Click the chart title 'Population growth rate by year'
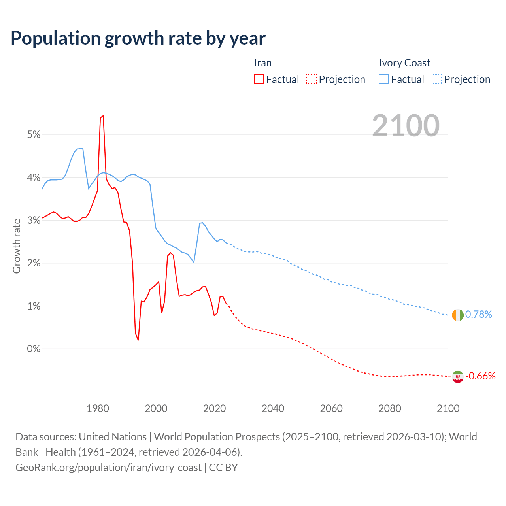click(x=138, y=38)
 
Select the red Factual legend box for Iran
click(x=259, y=79)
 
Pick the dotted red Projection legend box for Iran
click(x=312, y=79)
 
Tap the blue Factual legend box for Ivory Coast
click(x=384, y=79)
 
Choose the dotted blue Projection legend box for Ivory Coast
click(x=437, y=79)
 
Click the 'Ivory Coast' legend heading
click(x=404, y=63)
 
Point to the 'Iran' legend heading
click(x=262, y=63)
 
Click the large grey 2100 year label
click(x=406, y=126)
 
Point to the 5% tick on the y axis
click(x=34, y=135)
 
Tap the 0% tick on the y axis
click(x=34, y=349)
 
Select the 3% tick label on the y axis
click(x=34, y=221)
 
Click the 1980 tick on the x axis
click(x=98, y=408)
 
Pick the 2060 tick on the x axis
click(x=331, y=408)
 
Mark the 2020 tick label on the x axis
click(x=214, y=408)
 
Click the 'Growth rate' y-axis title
click(x=17, y=246)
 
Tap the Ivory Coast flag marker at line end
click(x=457, y=315)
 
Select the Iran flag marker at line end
click(x=457, y=377)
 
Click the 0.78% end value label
click(x=479, y=315)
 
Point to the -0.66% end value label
click(x=480, y=376)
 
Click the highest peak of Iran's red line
click(x=103, y=116)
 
